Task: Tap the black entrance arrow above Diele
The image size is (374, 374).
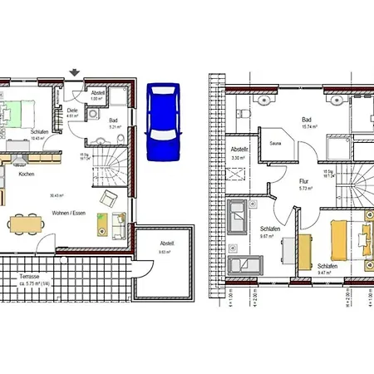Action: pyautogui.click(x=76, y=73)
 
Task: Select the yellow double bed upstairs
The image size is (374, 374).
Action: pyautogui.click(x=340, y=238)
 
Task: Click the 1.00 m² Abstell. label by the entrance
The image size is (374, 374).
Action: pyautogui.click(x=96, y=99)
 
